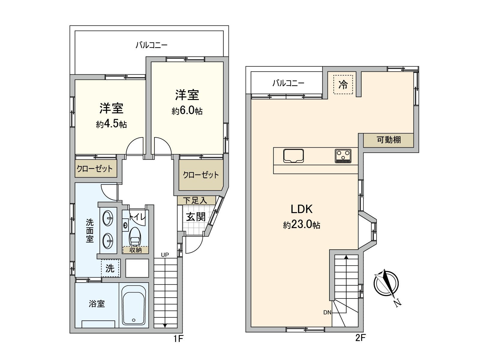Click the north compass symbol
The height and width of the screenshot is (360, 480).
click(386, 284)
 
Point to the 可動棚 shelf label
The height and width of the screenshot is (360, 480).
click(388, 140)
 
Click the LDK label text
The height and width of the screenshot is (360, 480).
click(301, 209)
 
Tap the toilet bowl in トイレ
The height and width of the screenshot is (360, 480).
click(135, 237)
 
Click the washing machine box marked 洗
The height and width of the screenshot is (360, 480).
click(110, 268)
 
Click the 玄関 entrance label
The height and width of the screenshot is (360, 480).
click(196, 217)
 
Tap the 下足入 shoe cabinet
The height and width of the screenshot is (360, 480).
click(196, 200)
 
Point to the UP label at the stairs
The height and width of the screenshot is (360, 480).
click(165, 255)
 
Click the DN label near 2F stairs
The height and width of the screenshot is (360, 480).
click(327, 313)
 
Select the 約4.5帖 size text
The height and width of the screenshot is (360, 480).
click(111, 124)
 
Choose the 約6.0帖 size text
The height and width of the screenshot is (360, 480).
click(187, 111)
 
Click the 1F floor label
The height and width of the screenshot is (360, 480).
click(178, 339)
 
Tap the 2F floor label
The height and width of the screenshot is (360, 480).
click(360, 338)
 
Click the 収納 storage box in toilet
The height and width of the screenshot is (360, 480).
click(136, 250)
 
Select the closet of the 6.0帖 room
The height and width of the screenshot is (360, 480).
click(201, 175)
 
